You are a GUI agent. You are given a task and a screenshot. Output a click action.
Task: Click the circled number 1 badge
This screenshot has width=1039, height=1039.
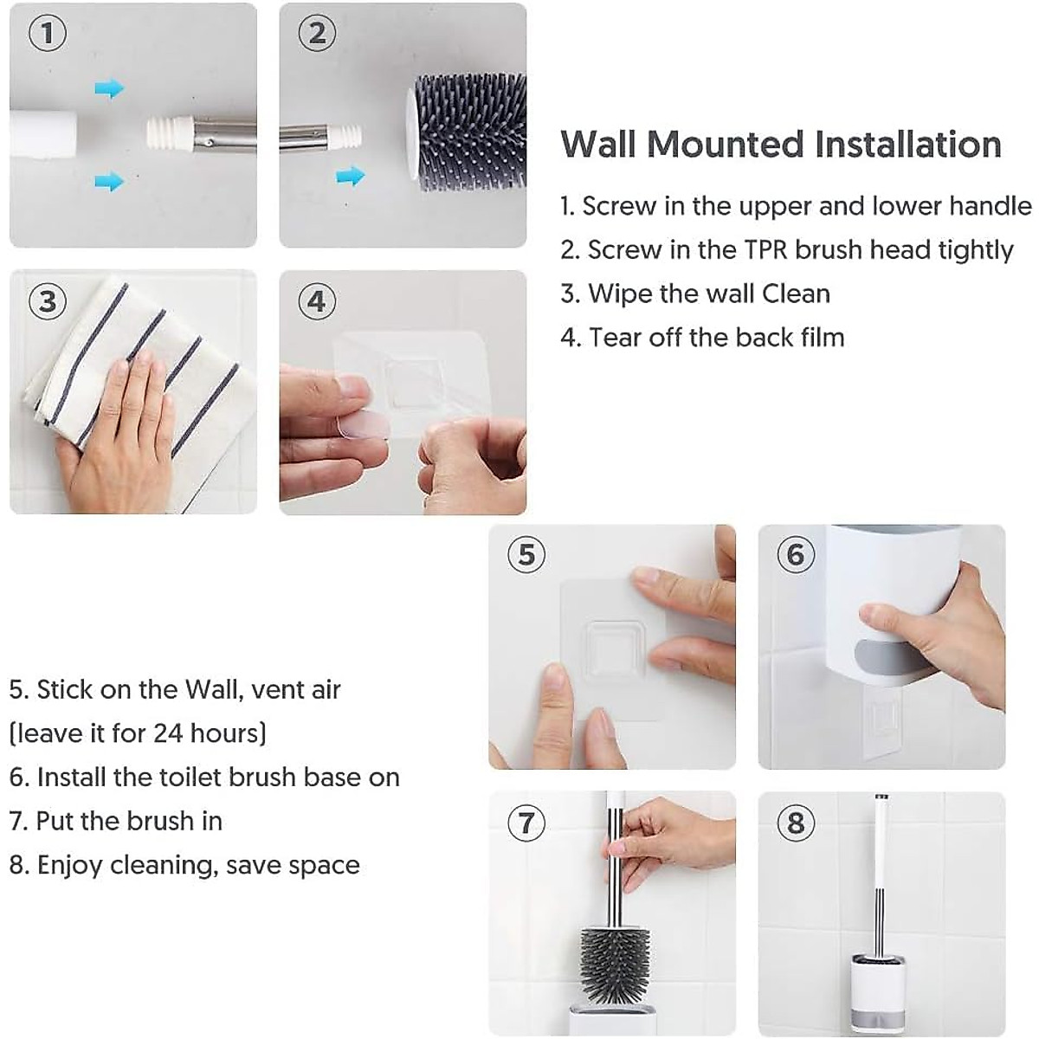(48, 34)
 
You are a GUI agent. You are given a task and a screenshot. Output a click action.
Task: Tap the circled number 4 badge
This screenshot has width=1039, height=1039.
(317, 301)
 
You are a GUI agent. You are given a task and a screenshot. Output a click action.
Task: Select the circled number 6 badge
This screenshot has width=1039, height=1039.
(796, 554)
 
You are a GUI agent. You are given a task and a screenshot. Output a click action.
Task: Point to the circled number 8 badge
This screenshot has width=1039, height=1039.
(796, 822)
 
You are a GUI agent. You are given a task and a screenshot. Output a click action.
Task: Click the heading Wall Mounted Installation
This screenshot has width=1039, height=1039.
(781, 144)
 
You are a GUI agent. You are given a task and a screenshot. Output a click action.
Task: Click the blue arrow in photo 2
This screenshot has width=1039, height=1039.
(350, 177)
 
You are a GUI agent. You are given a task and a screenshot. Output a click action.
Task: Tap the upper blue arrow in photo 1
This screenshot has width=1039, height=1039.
(109, 88)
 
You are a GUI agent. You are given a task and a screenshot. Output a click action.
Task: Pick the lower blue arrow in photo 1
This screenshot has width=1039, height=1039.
(109, 181)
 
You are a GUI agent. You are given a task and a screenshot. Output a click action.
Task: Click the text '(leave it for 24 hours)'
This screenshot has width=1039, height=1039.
(138, 733)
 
